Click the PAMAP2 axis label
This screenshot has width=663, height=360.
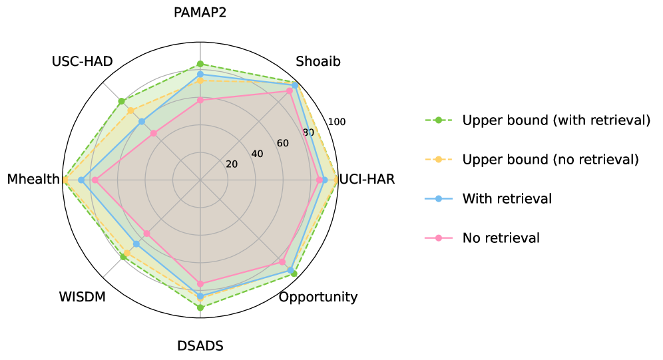(x=200, y=13)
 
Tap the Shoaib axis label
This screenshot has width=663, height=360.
(x=318, y=62)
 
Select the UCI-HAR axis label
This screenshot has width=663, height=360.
(x=367, y=180)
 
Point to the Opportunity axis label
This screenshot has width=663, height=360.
(x=318, y=297)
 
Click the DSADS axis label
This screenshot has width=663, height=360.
(x=200, y=346)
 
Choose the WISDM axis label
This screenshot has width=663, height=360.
(x=83, y=297)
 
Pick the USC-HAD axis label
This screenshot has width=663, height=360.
(x=82, y=62)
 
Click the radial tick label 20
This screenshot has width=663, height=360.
(x=232, y=164)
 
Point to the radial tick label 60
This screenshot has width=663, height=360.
(x=282, y=144)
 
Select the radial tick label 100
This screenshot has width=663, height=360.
(x=337, y=122)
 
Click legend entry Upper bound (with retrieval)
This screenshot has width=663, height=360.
(x=556, y=120)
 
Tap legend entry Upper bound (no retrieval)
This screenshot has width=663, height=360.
(x=551, y=160)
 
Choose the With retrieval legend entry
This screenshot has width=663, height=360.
(x=507, y=198)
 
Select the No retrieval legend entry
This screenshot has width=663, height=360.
(x=501, y=238)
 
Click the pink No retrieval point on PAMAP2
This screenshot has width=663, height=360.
(x=200, y=100)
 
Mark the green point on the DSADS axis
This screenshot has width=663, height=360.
(x=200, y=307)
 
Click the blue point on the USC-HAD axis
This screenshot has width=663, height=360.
(x=142, y=122)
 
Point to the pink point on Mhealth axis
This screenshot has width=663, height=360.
(x=95, y=180)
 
